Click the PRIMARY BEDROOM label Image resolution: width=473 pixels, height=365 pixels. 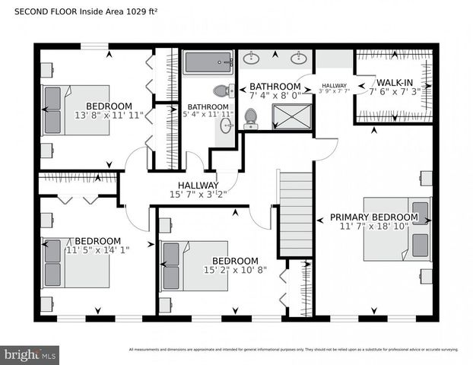coord(373,217)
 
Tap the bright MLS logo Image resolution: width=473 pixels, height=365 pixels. coord(30,354)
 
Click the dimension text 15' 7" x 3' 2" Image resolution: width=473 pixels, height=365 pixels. coord(198,195)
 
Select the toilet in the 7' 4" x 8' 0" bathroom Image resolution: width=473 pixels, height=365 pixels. coord(250,118)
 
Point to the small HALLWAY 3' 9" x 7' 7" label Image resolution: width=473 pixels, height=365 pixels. coord(333,88)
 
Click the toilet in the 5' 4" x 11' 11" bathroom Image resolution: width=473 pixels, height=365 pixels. coord(221,90)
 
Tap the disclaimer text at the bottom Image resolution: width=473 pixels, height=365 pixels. coord(294,350)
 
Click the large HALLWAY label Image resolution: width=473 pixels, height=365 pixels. coord(198,185)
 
